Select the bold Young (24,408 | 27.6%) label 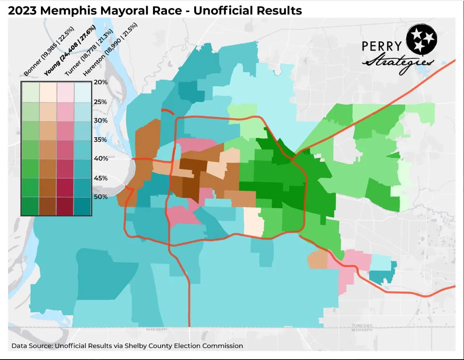point(69,51)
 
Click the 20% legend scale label point(100,82)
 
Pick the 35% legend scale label point(100,140)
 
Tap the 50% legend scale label point(100,197)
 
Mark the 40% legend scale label point(100,159)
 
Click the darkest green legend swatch point(30,206)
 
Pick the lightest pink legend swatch point(65,92)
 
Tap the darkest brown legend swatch point(48,206)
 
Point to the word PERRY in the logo point(382,47)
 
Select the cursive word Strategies point(397,63)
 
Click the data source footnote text point(127,346)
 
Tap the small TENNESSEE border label point(362,325)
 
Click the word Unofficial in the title point(227,10)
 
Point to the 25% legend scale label point(100,102)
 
